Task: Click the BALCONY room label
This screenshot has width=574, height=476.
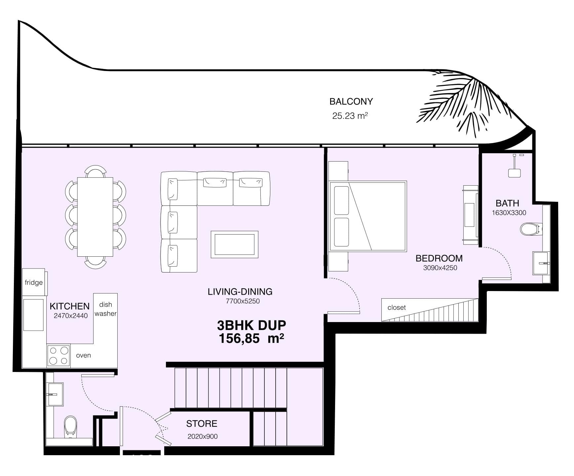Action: (351, 101)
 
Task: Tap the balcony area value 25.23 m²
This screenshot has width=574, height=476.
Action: (350, 116)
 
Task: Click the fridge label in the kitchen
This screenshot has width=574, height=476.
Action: (34, 282)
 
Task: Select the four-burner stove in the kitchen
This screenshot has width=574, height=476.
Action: (58, 355)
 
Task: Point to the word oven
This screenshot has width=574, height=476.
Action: (83, 355)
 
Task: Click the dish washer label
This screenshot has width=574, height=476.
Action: (105, 309)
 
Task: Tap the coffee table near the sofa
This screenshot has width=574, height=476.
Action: (234, 244)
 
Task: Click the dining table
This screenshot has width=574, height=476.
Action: (95, 217)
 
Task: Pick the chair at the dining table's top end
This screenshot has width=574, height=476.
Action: (96, 171)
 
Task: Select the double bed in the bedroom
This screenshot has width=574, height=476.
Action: (367, 216)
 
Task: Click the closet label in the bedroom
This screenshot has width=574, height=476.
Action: (397, 308)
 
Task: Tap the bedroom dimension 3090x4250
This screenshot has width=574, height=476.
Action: (440, 268)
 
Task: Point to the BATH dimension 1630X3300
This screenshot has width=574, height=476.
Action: (509, 213)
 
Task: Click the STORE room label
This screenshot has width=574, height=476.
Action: (202, 423)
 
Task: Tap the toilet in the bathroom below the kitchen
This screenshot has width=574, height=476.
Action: (70, 425)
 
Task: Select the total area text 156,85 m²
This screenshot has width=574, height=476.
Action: (251, 339)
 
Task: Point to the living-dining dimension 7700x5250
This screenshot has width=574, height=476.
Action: (243, 301)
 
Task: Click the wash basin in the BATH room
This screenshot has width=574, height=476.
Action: (541, 263)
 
